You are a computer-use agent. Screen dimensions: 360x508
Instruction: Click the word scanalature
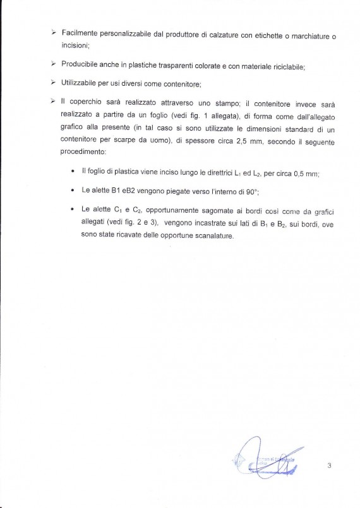210,236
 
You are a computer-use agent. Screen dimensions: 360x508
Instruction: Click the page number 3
330,466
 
